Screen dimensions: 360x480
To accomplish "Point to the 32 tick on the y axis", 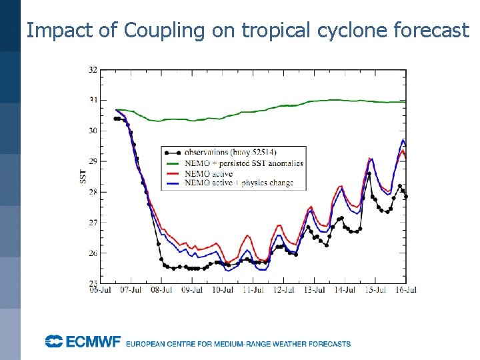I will point(93,69).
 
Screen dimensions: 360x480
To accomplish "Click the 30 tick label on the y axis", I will point(93,131).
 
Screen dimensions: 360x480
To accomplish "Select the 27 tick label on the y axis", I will point(93,223).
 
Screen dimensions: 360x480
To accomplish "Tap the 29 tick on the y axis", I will point(93,161).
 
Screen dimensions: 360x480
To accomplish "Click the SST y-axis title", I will point(82,177).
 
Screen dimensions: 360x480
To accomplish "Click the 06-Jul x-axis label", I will point(100,290).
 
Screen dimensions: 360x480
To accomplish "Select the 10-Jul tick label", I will point(223,290).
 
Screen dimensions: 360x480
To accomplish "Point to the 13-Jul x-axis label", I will point(314,290).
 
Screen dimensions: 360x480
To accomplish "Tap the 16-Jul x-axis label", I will point(405,290).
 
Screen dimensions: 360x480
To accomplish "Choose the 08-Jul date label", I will point(161,290).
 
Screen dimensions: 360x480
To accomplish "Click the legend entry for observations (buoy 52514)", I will point(233,152).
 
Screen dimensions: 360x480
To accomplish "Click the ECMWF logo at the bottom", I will point(83,342).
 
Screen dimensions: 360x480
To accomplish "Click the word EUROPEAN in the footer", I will point(147,344).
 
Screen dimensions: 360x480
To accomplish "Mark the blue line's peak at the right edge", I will point(403,139).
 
